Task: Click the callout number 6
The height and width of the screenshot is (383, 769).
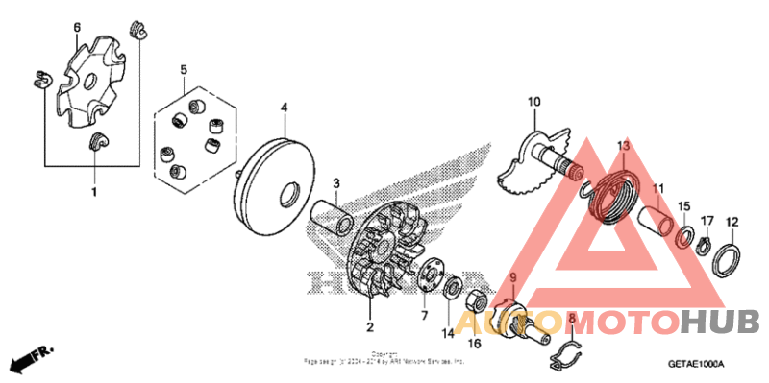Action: point(77,27)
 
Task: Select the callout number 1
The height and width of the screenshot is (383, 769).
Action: point(94,193)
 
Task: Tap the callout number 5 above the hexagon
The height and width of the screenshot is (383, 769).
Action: point(184,70)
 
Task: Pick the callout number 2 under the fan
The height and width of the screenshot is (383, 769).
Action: point(369,327)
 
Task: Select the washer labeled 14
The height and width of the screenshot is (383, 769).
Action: point(450,288)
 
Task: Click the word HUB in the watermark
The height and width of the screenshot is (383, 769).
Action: point(720,322)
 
